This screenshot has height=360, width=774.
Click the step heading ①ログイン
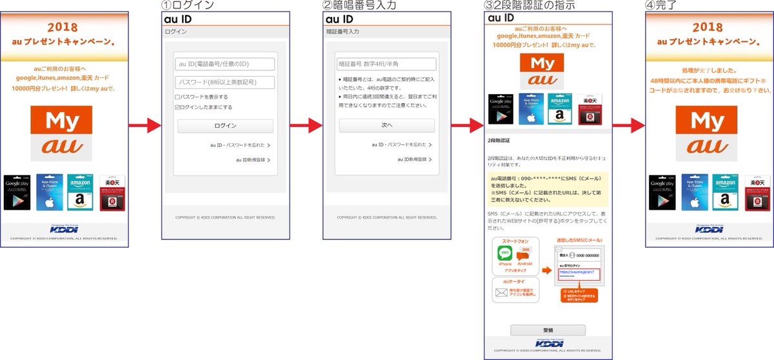coord(186,6)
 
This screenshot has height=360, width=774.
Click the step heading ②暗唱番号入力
coord(359,6)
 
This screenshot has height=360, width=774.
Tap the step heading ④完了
coord(662,6)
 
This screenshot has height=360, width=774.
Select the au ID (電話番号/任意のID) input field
coord(224,64)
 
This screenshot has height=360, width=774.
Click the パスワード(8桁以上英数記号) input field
coord(224,83)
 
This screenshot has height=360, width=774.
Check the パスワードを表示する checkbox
coord(177,97)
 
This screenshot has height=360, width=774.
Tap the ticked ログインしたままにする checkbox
coord(177,107)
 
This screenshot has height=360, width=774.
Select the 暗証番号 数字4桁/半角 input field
coord(386,64)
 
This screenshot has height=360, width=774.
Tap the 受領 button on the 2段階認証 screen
coord(548,330)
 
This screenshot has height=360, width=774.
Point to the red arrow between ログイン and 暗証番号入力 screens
coord(305,126)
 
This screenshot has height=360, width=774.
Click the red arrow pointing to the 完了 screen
coord(628,126)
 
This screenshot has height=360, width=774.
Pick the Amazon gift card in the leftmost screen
coord(81,192)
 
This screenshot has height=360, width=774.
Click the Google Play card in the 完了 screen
coord(662,192)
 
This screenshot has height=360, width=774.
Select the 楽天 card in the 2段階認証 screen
coord(588,108)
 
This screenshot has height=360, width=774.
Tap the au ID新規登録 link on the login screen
coord(252,159)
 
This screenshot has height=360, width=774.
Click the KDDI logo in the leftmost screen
coord(64,230)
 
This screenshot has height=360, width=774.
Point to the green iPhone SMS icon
coord(505,254)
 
